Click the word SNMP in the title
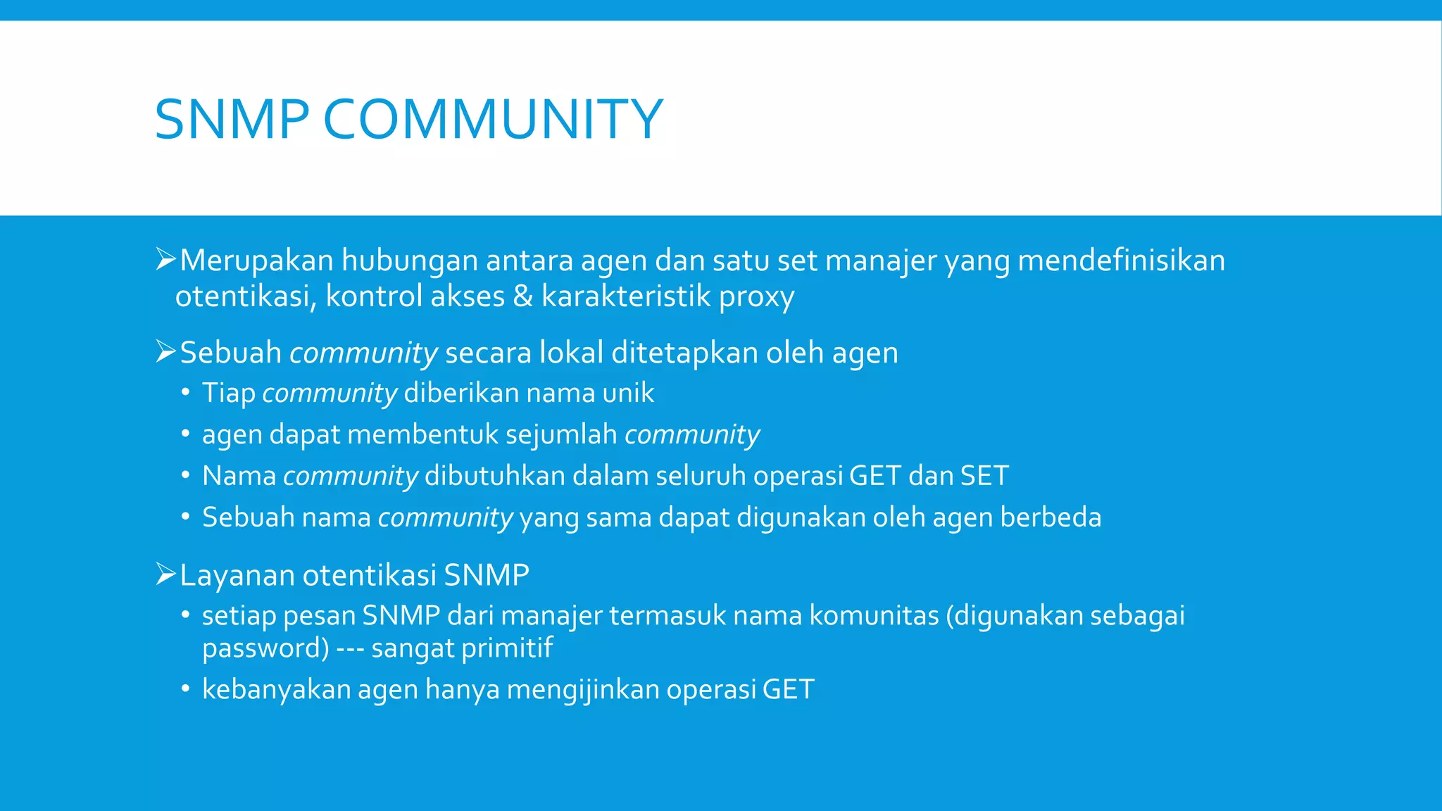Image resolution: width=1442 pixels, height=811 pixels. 232,119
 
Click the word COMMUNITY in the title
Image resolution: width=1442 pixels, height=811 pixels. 493,119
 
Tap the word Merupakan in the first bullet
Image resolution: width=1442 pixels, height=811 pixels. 256,260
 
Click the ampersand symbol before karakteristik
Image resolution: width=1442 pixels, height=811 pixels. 522,296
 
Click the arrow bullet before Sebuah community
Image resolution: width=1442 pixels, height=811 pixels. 165,351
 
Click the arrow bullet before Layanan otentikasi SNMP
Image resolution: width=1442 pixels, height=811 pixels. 165,574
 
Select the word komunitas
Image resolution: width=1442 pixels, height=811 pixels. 874,616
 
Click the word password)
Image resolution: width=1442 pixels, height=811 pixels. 265,648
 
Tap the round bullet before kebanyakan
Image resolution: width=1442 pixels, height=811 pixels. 185,689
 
